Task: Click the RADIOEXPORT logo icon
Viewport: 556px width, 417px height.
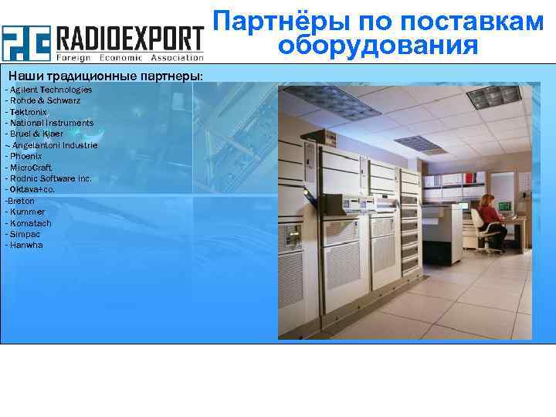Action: pos(25,43)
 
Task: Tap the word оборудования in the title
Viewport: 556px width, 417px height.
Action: pos(378,46)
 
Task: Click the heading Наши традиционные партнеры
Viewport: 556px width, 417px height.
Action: pos(106,76)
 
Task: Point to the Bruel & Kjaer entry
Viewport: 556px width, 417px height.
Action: pos(36,134)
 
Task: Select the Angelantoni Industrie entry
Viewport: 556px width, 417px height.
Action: pos(53,145)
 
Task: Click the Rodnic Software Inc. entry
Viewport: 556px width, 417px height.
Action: pos(49,178)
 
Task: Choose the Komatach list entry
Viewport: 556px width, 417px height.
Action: pos(28,223)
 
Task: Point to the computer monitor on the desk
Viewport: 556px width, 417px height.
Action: pos(506,206)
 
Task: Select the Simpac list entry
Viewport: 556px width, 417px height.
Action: pos(23,234)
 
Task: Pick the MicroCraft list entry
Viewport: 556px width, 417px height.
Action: pos(31,168)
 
